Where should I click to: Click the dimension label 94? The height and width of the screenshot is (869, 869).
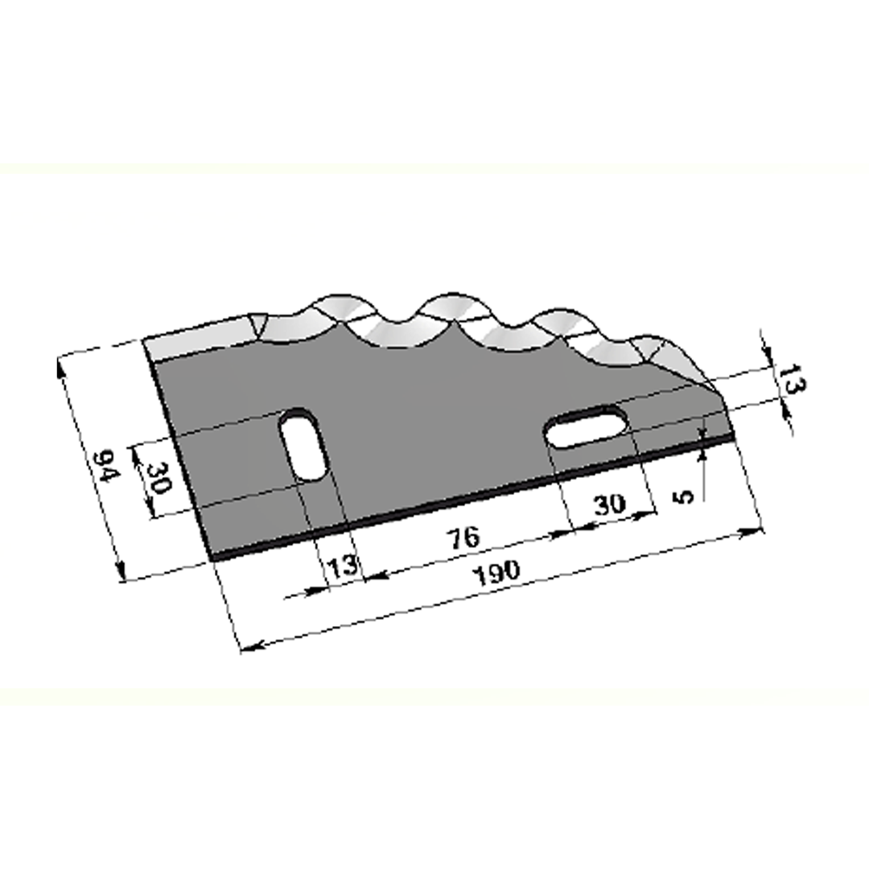[x=106, y=466]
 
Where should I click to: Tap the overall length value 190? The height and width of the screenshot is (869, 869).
[x=498, y=573]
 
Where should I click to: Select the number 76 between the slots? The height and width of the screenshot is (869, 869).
[x=464, y=538]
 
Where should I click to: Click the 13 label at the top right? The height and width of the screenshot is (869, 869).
[x=792, y=379]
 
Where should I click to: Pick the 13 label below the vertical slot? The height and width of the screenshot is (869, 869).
[x=344, y=566]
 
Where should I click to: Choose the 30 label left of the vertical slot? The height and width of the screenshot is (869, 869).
[x=156, y=478]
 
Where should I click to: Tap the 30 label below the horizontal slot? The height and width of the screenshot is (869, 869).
[x=610, y=505]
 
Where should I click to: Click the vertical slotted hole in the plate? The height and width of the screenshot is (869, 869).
[x=303, y=444]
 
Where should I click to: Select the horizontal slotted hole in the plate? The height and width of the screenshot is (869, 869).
[x=587, y=426]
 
